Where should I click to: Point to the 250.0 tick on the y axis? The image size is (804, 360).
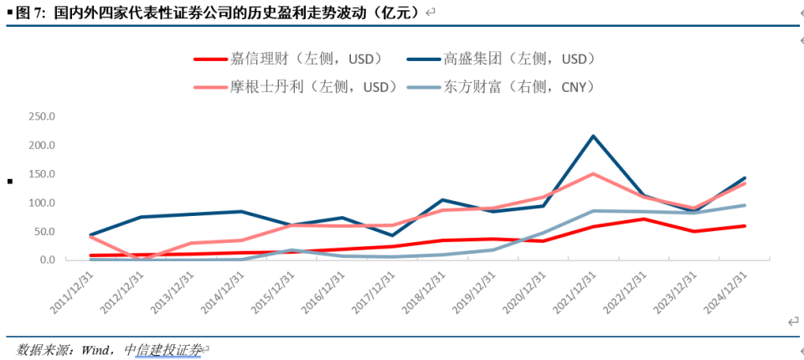coord(41,116)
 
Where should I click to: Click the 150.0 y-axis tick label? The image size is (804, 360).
coord(41,174)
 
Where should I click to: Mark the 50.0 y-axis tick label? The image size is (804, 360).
coord(44,231)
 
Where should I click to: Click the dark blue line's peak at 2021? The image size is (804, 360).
coord(593,136)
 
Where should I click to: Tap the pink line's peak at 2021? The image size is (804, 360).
coord(593,174)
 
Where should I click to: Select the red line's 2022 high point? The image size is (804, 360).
coord(643,219)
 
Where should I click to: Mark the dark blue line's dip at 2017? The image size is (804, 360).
coord(392,235)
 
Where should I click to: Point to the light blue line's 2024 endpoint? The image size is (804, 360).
coord(745,205)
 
